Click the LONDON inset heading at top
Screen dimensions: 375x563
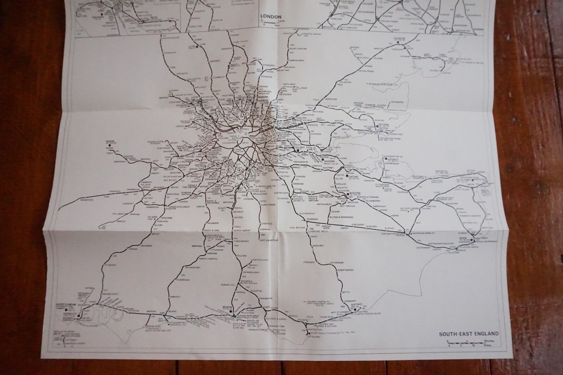270,17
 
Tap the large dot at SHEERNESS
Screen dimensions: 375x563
385,159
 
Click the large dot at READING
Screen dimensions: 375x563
110,145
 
